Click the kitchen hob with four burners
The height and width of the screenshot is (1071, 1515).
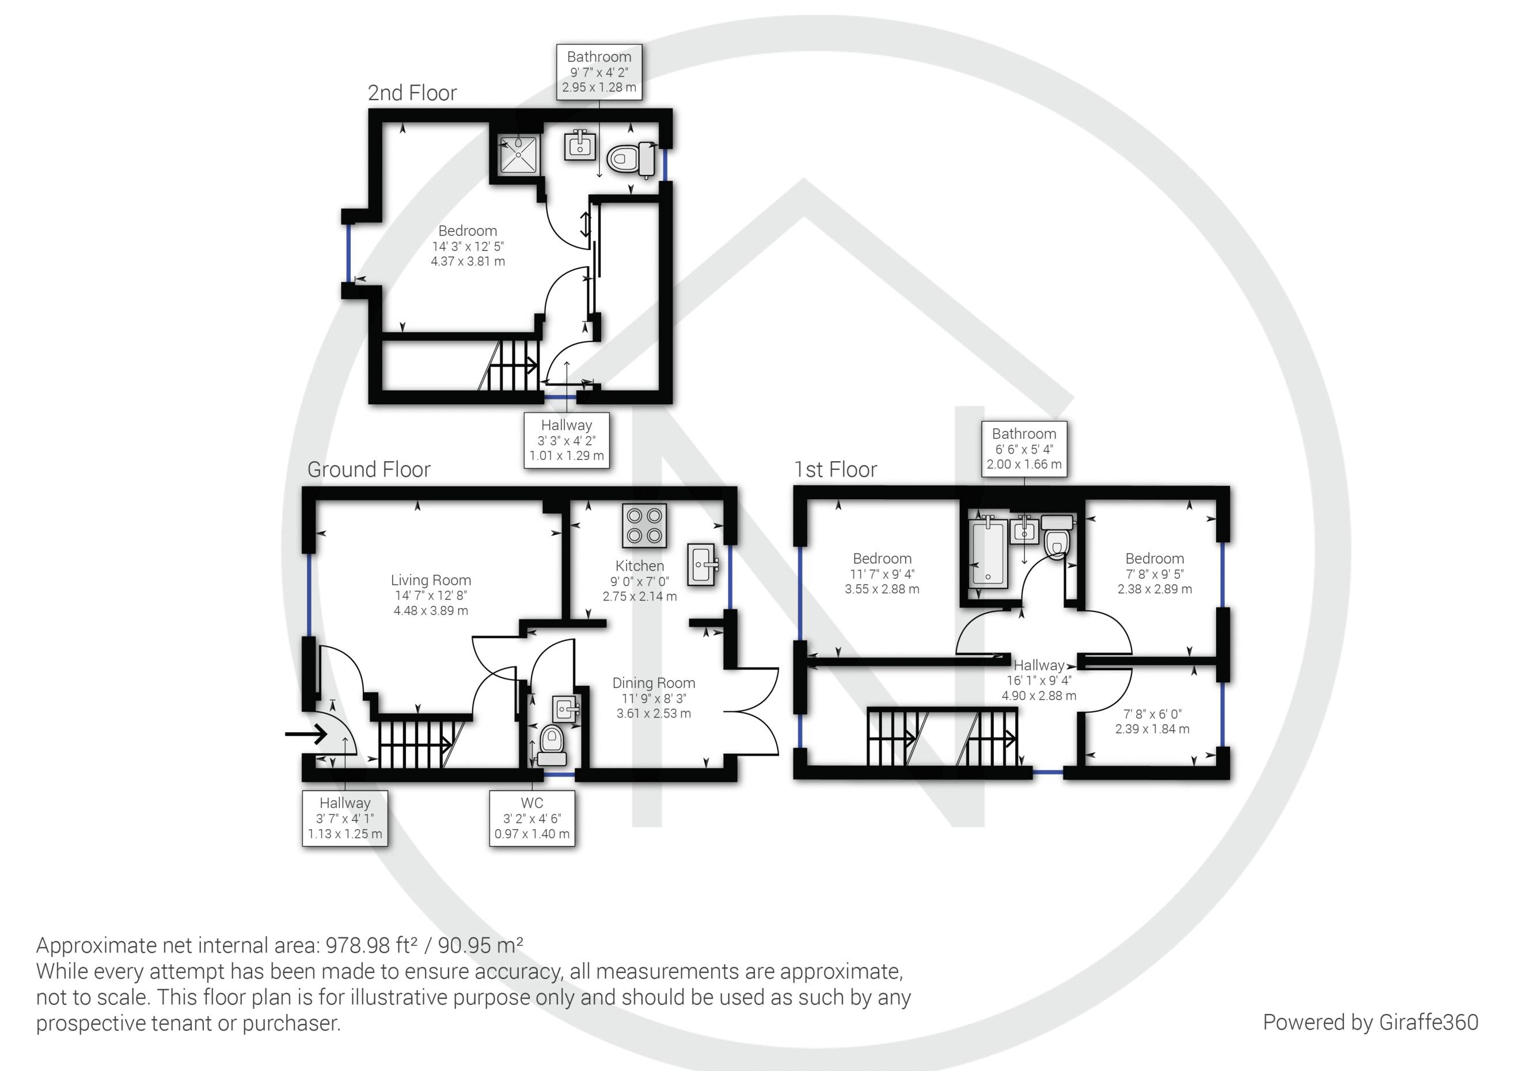click(x=644, y=525)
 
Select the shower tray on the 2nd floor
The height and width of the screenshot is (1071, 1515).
click(x=519, y=154)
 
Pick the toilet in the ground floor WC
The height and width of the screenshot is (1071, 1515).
click(x=552, y=744)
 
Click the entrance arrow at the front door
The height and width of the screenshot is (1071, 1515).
click(x=306, y=734)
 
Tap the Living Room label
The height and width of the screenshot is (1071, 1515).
click(x=431, y=580)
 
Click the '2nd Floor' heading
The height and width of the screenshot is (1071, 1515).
click(x=412, y=93)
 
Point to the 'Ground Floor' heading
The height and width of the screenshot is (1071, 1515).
click(x=369, y=470)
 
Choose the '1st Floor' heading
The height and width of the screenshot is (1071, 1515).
click(x=836, y=470)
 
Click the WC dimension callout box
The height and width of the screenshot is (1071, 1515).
click(x=532, y=818)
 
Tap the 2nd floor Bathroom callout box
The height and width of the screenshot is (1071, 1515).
click(x=599, y=72)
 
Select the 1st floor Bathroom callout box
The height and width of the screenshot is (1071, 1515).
click(x=1024, y=449)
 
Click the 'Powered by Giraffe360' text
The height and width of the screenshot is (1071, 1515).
click(x=1370, y=1022)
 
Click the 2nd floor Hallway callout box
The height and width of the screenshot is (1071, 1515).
click(x=566, y=440)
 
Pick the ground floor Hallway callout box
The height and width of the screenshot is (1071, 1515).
click(x=345, y=818)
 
